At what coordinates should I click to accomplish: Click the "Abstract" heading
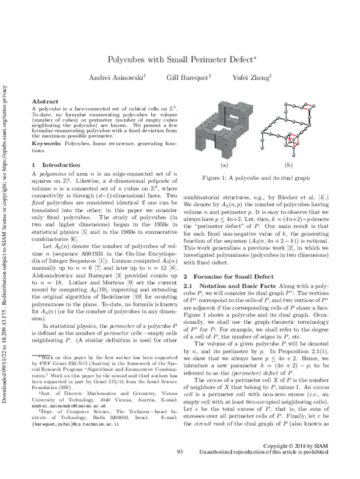pyautogui.click(x=44, y=103)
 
